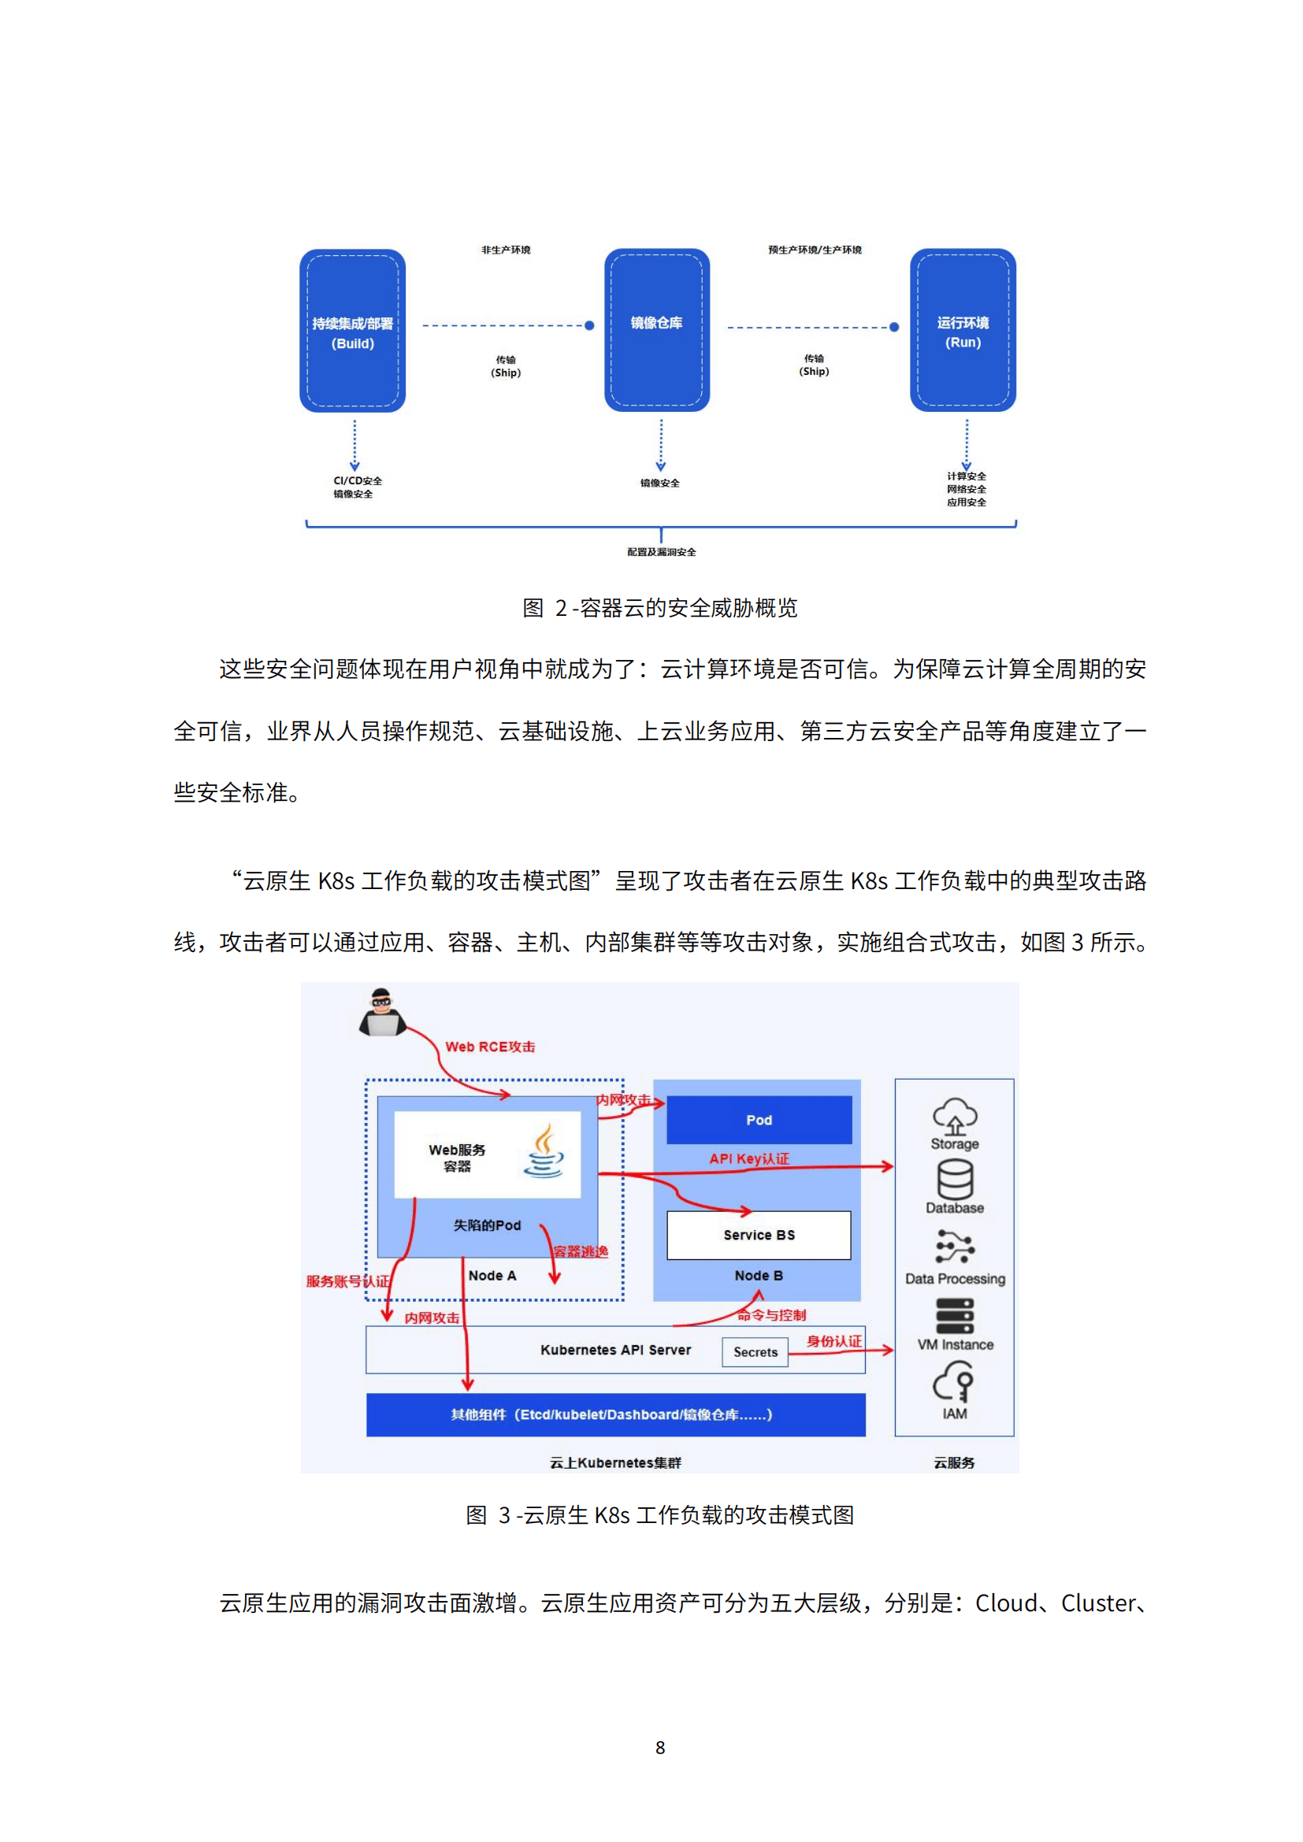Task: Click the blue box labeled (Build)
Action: [352, 331]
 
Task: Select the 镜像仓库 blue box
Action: [656, 330]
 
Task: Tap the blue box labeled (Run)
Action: [962, 330]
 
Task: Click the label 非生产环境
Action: [506, 250]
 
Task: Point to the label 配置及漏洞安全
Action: [661, 552]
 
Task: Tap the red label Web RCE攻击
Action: [489, 1047]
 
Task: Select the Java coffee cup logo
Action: [544, 1151]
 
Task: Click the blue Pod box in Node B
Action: [759, 1120]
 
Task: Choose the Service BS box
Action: [759, 1235]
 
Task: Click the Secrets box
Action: [755, 1352]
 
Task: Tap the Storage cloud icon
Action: [954, 1116]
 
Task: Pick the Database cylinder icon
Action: [954, 1180]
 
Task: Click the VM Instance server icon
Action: [955, 1317]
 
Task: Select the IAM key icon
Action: [954, 1384]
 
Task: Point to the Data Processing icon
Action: [954, 1247]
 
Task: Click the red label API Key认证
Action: [748, 1158]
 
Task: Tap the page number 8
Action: [660, 1747]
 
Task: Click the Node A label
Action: [492, 1276]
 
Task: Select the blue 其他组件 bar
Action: [615, 1414]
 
